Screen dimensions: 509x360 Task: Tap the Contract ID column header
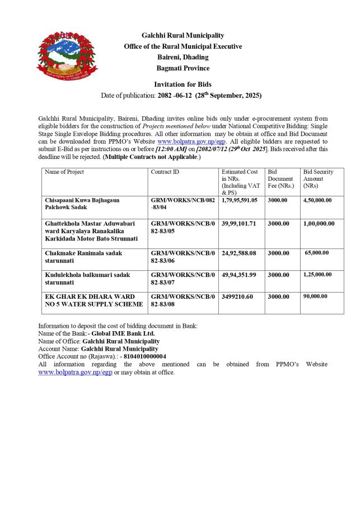165,172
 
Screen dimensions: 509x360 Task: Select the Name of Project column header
64,172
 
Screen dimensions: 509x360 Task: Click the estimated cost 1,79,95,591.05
240,200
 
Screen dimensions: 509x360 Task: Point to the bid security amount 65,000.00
319,253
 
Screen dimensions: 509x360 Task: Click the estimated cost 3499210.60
237,296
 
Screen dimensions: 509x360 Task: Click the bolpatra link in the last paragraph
75,372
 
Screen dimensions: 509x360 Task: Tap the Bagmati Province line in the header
183,68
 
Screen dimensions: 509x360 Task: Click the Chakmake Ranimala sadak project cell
83,256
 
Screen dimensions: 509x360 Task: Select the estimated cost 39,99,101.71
239,224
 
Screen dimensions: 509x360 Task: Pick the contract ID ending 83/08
182,300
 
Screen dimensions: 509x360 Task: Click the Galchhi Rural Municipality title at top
183,35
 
